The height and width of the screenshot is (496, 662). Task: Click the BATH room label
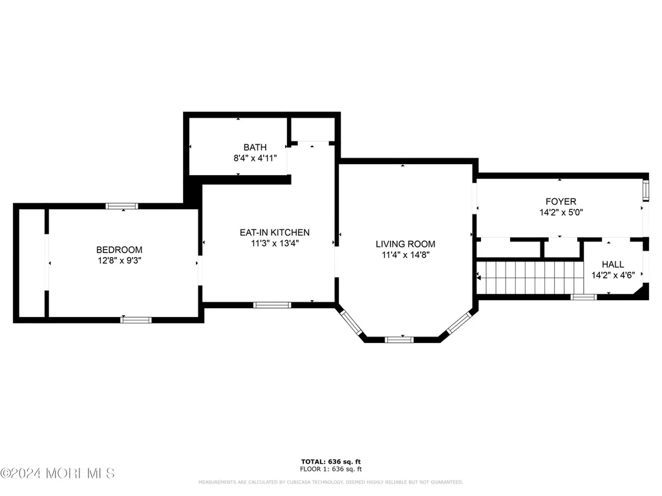click(255, 147)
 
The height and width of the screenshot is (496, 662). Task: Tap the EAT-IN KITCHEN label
click(275, 232)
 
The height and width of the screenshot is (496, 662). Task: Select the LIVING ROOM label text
click(405, 243)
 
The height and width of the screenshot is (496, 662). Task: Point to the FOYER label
click(561, 201)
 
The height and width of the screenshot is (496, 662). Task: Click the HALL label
click(613, 264)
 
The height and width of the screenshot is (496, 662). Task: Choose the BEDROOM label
click(119, 250)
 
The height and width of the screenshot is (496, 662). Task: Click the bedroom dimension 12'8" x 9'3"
click(120, 261)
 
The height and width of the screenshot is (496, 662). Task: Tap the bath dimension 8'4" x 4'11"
click(255, 158)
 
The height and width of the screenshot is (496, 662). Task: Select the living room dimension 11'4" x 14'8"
click(405, 254)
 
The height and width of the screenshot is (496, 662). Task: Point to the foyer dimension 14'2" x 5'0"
click(561, 212)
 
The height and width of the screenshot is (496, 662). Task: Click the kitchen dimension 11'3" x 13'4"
click(275, 243)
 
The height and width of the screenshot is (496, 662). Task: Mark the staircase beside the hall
click(530, 278)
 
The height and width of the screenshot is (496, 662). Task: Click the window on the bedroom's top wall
click(122, 206)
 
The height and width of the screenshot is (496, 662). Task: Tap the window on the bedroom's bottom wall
click(136, 320)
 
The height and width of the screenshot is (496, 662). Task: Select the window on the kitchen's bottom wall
click(272, 305)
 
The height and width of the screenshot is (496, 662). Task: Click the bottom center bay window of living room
click(399, 340)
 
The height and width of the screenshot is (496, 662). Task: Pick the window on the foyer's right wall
click(646, 191)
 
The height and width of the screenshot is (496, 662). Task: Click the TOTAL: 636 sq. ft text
click(331, 462)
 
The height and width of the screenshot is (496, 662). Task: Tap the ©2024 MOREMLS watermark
click(58, 473)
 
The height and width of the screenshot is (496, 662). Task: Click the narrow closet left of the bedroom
click(32, 263)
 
